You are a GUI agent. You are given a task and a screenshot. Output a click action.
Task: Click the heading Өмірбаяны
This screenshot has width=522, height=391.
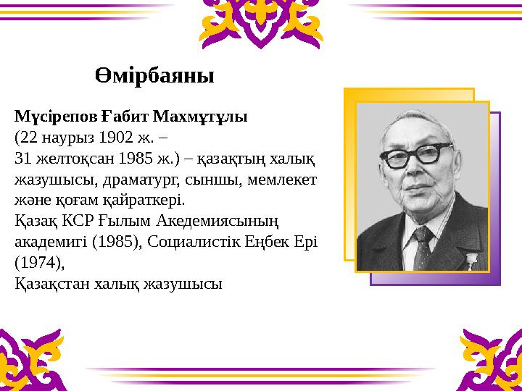tap(154, 75)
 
